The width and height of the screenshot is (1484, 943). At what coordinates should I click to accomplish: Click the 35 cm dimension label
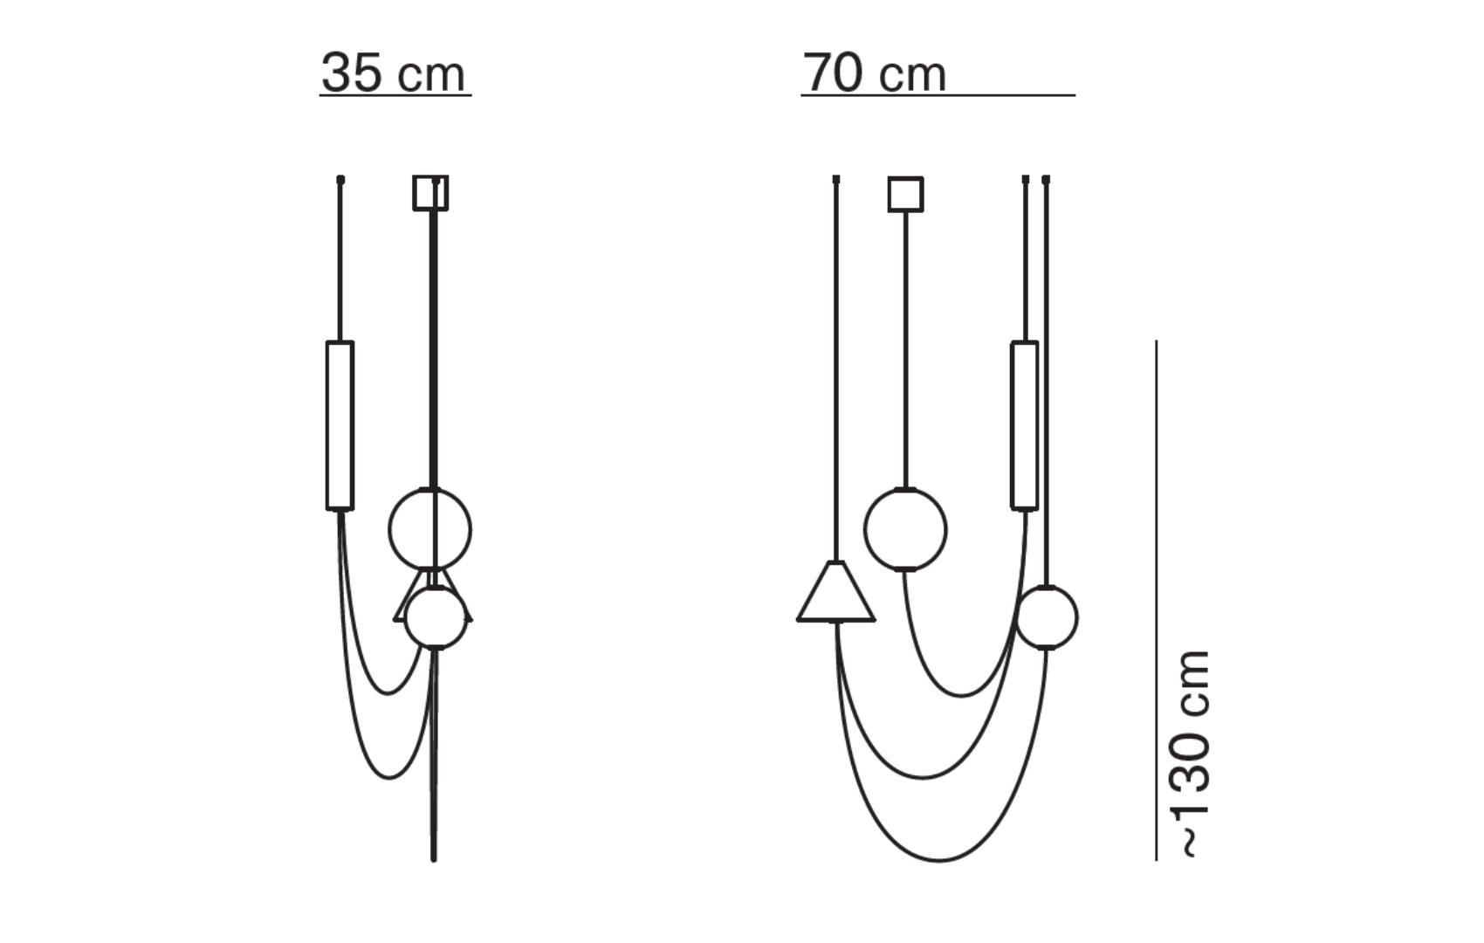tap(394, 72)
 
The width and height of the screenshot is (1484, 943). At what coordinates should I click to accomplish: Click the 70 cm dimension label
tap(874, 72)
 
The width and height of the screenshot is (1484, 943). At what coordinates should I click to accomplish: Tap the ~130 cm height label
tap(1196, 754)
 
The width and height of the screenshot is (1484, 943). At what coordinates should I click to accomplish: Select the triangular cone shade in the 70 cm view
tap(836, 592)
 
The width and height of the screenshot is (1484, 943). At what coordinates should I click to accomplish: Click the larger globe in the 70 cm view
tap(905, 529)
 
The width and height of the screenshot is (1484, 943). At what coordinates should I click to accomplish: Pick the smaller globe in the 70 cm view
tap(1047, 617)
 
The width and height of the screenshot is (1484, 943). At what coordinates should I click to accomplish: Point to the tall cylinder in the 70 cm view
tap(1024, 425)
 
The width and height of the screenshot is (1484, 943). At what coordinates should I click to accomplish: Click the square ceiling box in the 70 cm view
tap(905, 194)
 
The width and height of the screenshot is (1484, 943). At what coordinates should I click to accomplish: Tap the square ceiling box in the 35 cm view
tap(430, 193)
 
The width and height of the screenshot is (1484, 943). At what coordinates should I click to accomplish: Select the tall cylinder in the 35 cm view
tap(340, 425)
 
